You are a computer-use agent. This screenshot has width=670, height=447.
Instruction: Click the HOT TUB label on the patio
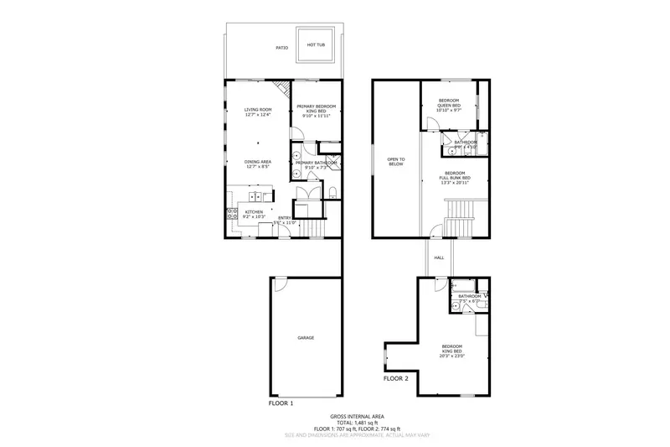(x=317, y=45)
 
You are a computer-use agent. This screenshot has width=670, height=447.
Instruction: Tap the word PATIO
(x=282, y=49)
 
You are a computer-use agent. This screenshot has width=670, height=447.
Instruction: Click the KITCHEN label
(x=253, y=213)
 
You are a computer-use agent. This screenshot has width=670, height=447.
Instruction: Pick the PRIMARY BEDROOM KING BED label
(x=316, y=109)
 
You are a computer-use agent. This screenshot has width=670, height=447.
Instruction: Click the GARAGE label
(x=306, y=337)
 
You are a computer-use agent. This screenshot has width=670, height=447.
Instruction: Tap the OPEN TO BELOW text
(x=396, y=161)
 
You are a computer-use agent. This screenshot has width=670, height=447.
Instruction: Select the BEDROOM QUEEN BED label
(x=449, y=104)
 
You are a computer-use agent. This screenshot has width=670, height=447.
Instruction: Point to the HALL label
(x=439, y=258)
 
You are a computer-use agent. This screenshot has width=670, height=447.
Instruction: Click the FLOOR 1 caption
(x=281, y=403)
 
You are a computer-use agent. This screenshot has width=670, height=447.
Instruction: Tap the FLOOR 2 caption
(x=396, y=379)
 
